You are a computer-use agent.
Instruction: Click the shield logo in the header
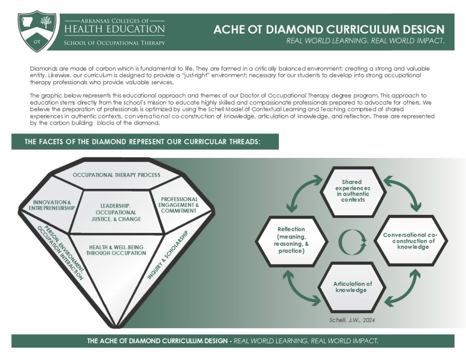point(37,31)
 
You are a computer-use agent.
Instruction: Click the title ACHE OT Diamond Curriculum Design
point(329,30)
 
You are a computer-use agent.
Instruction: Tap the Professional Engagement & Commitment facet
point(179,205)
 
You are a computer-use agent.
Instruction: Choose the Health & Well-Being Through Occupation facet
point(116,250)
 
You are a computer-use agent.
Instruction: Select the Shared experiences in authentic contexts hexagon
point(353,191)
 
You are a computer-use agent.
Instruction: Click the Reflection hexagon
point(291,240)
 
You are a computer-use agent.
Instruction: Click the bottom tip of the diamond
point(117,326)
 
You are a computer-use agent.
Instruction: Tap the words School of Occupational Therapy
point(114,43)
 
